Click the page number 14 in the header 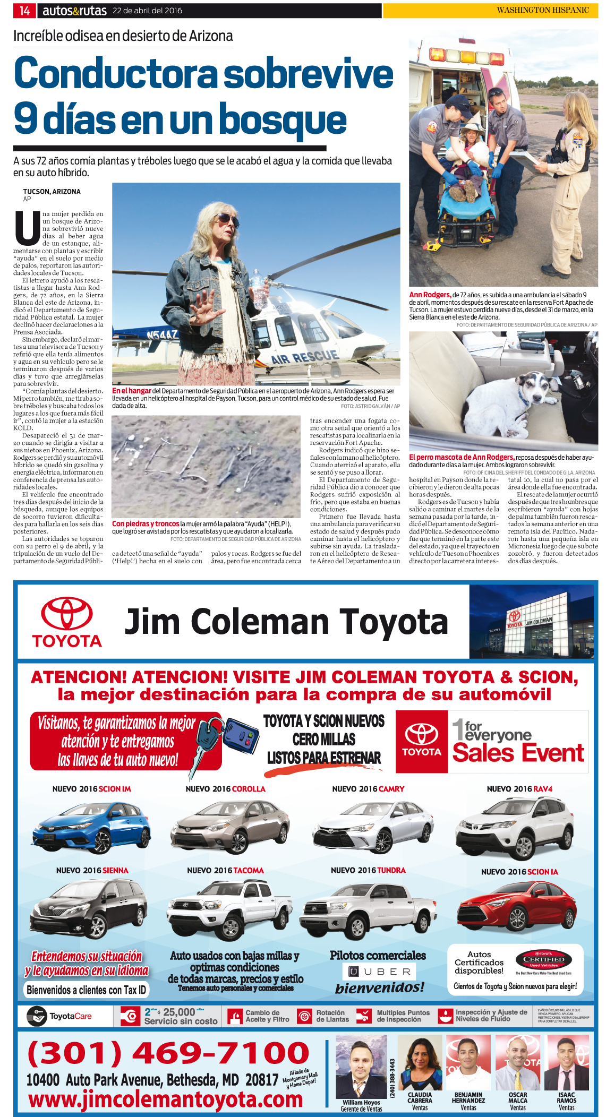click(x=24, y=10)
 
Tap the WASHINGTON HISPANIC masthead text click(x=542, y=10)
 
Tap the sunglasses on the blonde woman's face click(x=226, y=219)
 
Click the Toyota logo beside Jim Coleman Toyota click(x=67, y=622)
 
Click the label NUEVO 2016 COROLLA click(x=225, y=789)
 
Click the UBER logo click(x=379, y=972)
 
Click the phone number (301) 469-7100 click(x=168, y=1053)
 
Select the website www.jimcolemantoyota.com click(x=165, y=1099)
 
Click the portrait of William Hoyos click(x=361, y=1066)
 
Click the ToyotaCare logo click(x=59, y=1016)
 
